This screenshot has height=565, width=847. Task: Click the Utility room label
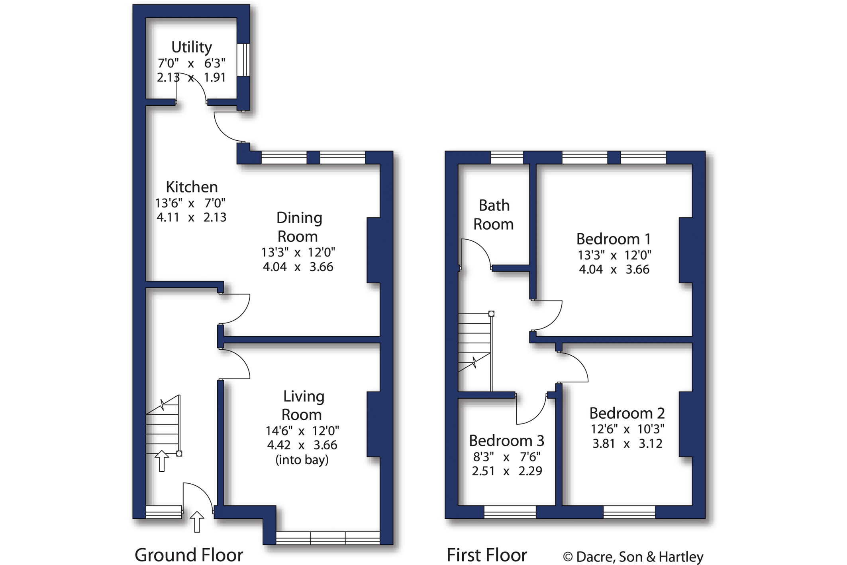191,47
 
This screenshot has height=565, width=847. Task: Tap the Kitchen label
192,187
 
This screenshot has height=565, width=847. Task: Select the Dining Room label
298,227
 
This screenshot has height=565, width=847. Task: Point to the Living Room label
302,405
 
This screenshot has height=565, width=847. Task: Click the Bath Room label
494,215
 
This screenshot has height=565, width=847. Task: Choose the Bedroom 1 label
614,239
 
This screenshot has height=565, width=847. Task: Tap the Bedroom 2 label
627,413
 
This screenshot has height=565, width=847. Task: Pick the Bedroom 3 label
506,441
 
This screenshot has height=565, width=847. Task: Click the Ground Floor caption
189,555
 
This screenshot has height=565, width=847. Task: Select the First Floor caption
487,555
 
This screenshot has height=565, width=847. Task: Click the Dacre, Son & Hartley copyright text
633,557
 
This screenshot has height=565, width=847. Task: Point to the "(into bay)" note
302,460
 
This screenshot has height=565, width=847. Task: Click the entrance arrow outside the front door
197,522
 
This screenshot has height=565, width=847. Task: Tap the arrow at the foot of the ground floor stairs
161,461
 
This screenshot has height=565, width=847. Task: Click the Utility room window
243,59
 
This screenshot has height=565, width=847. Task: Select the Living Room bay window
328,538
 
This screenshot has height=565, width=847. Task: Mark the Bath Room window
507,157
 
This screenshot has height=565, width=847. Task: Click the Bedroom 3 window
510,512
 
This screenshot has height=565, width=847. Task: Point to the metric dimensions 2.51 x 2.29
507,471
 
